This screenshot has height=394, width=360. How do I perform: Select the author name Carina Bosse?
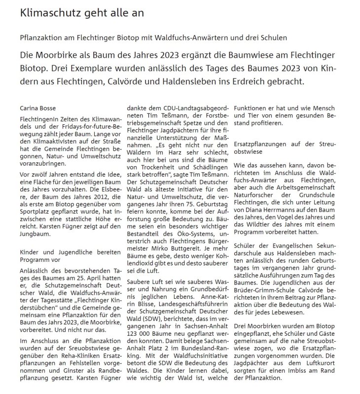pyautogui.click(x=39, y=107)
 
